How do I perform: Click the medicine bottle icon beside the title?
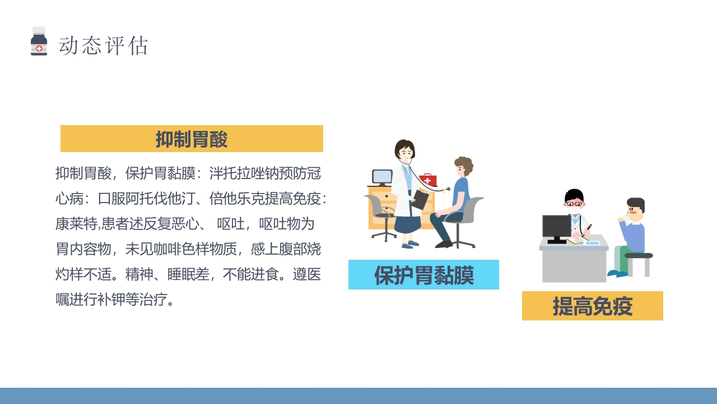[x=39, y=42]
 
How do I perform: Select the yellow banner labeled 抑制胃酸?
[x=192, y=139]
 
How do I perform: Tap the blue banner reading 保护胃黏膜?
[x=423, y=275]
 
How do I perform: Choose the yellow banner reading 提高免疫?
[x=592, y=306]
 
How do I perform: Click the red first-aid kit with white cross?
[x=428, y=180]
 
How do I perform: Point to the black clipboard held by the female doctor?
[x=420, y=200]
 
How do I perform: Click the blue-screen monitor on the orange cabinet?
[x=382, y=177]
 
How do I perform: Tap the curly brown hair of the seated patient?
[x=464, y=166]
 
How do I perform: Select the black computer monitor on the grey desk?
[x=556, y=227]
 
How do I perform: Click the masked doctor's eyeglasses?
[x=574, y=204]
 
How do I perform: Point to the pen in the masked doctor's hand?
[x=588, y=227]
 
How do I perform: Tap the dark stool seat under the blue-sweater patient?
[x=639, y=256]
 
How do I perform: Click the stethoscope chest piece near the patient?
[x=448, y=189]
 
